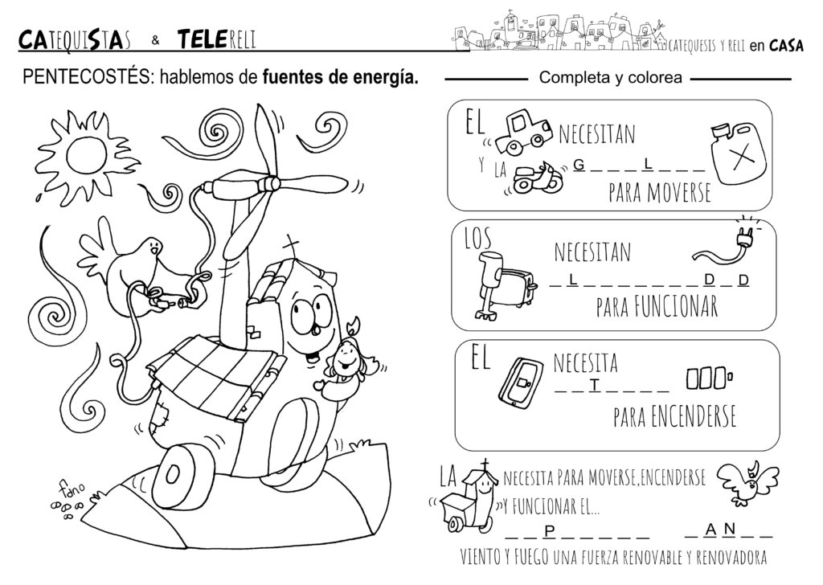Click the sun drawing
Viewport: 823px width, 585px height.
pyautogui.click(x=80, y=154)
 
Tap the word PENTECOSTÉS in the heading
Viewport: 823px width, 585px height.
pyautogui.click(x=87, y=77)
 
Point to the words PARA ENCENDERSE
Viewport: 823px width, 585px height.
pyautogui.click(x=674, y=416)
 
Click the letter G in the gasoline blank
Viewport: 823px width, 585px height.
pyautogui.click(x=579, y=166)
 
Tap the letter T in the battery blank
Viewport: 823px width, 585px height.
pyautogui.click(x=594, y=386)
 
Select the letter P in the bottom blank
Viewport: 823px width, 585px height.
pyautogui.click(x=550, y=531)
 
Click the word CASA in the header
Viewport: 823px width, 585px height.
pyautogui.click(x=786, y=46)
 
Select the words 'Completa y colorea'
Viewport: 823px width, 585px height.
pyautogui.click(x=611, y=78)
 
